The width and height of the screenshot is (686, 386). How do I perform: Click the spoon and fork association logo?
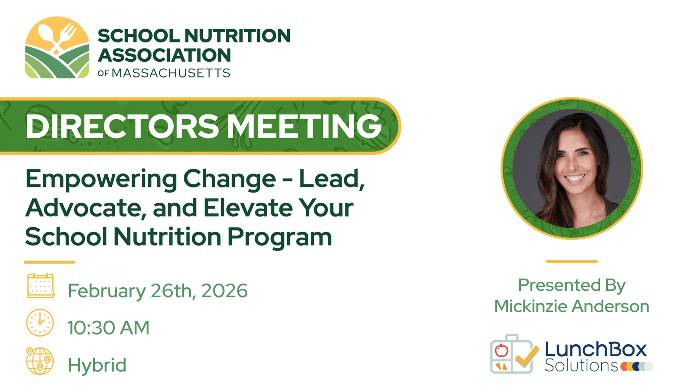pos(57,48)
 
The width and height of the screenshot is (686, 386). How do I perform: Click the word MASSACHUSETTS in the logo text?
pos(171,73)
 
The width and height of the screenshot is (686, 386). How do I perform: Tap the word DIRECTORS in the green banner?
pos(123,126)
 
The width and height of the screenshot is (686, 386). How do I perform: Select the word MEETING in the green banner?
pos(304,126)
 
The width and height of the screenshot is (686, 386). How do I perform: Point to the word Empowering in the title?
pos(101,180)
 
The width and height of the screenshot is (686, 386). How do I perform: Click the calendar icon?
pos(41,286)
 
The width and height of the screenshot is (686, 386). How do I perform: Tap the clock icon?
pos(40,323)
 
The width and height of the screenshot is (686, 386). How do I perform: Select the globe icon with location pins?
pos(40,361)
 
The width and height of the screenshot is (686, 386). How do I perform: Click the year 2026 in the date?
pos(224,290)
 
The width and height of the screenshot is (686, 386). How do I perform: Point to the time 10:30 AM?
pos(108,328)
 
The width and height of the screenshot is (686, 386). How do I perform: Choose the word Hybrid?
pos(97,365)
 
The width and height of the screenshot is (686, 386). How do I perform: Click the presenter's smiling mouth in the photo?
pos(575,178)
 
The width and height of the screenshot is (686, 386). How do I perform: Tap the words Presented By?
pos(572,285)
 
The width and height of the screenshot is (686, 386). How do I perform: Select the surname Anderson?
pos(611,306)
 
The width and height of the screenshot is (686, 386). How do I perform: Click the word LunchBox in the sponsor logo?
pos(596,350)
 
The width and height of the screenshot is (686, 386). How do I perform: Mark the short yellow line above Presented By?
pos(572,261)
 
